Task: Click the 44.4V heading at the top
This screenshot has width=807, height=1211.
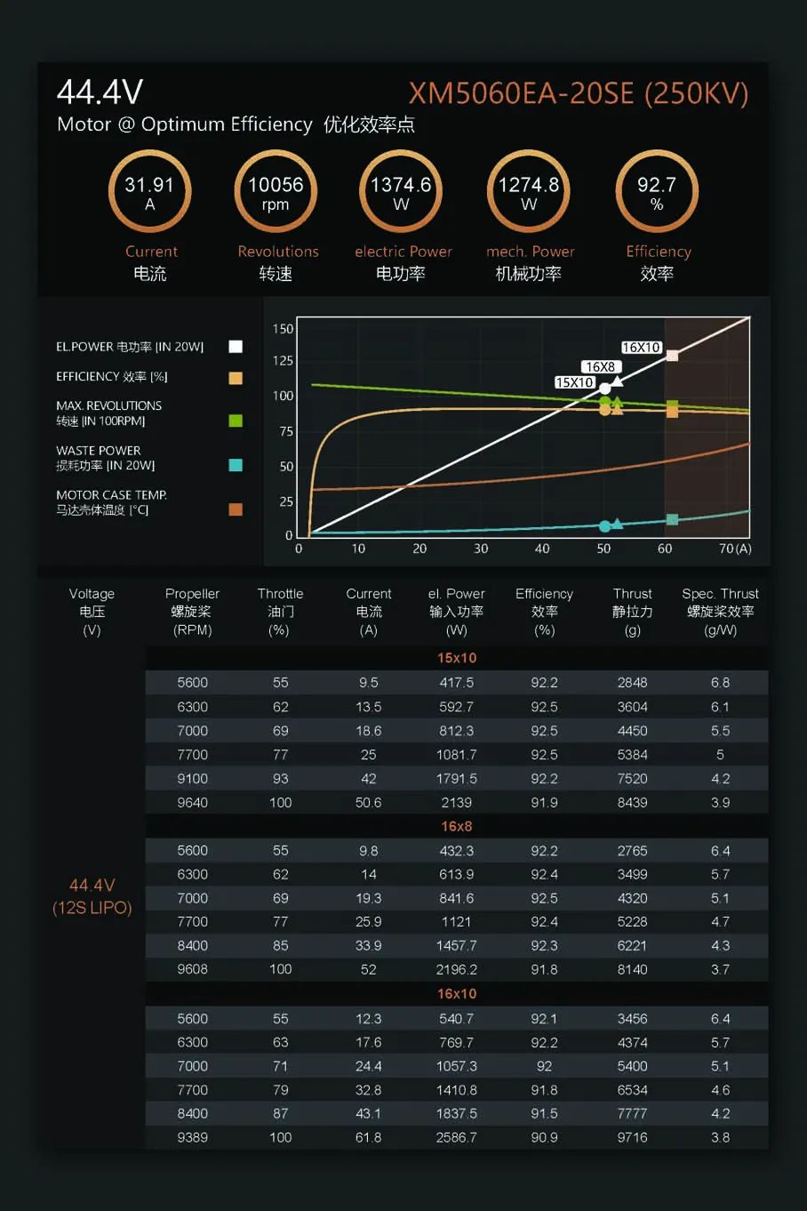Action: pos(100,92)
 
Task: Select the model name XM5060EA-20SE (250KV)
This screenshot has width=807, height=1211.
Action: pos(578,93)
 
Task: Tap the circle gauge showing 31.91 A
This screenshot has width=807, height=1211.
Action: pos(149,192)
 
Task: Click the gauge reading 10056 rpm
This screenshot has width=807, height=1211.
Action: pos(276,192)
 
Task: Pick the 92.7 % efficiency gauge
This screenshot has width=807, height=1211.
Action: pos(657,192)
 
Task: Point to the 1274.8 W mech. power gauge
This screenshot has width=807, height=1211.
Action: pos(529,192)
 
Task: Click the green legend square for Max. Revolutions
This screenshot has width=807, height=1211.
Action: pos(236,421)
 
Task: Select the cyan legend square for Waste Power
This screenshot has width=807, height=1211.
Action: pos(236,465)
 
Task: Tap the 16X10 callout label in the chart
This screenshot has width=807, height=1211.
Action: pos(641,348)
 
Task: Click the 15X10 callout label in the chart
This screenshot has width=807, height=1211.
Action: pos(575,382)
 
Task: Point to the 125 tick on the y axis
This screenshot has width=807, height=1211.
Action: pos(283,361)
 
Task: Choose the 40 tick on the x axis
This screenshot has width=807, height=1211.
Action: pos(542,549)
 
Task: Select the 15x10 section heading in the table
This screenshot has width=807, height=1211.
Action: pos(457,658)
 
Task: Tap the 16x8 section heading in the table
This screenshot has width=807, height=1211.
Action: pos(457,826)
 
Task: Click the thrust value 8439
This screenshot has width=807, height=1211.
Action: pos(632,802)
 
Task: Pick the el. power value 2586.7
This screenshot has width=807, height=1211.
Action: pos(457,1137)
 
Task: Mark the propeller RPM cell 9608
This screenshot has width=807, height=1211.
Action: pos(192,969)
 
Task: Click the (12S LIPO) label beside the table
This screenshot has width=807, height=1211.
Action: pos(92,908)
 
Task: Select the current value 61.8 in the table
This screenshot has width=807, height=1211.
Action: pos(368,1137)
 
